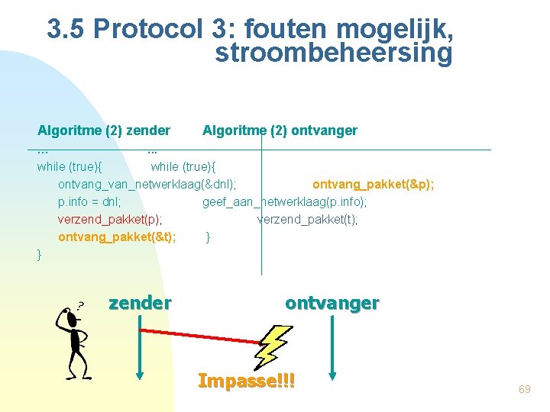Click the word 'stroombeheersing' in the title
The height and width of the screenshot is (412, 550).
point(333,54)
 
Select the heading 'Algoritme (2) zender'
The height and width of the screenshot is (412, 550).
point(104,130)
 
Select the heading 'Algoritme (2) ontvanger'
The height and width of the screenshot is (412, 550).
point(280,130)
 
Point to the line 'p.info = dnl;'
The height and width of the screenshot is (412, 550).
point(89,201)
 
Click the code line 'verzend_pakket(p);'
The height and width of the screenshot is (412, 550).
point(110,219)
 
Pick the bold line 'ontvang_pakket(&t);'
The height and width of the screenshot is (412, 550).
point(117,237)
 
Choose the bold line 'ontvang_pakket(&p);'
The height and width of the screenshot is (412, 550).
point(374,184)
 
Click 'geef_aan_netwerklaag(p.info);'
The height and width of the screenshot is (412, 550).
point(284,201)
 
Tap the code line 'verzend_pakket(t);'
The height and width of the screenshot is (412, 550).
point(307,219)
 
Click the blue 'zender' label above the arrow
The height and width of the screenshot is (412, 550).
point(140,303)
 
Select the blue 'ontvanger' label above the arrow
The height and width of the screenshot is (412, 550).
point(332,303)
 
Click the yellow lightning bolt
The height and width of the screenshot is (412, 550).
point(273,346)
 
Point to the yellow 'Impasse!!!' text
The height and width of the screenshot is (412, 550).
point(246,380)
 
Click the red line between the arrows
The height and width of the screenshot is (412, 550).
point(202,337)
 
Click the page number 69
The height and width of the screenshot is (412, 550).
point(524,390)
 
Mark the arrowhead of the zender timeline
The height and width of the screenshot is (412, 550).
point(140,374)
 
